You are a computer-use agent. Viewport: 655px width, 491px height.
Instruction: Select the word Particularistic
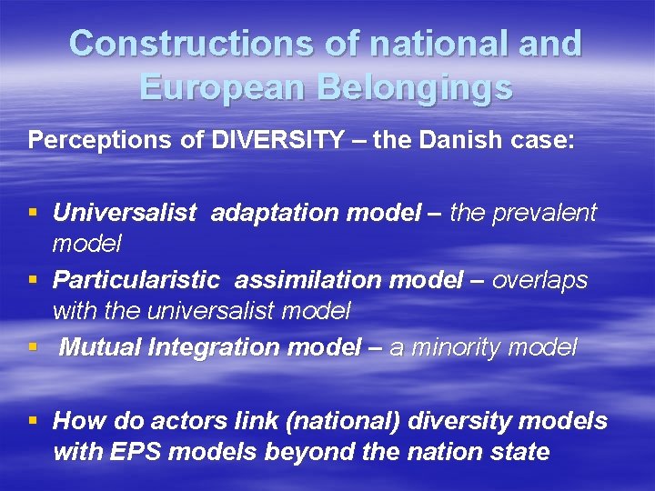(x=136, y=280)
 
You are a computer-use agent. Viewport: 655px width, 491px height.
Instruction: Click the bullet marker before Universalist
(x=34, y=214)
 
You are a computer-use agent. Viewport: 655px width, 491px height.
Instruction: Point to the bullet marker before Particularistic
(x=34, y=281)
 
